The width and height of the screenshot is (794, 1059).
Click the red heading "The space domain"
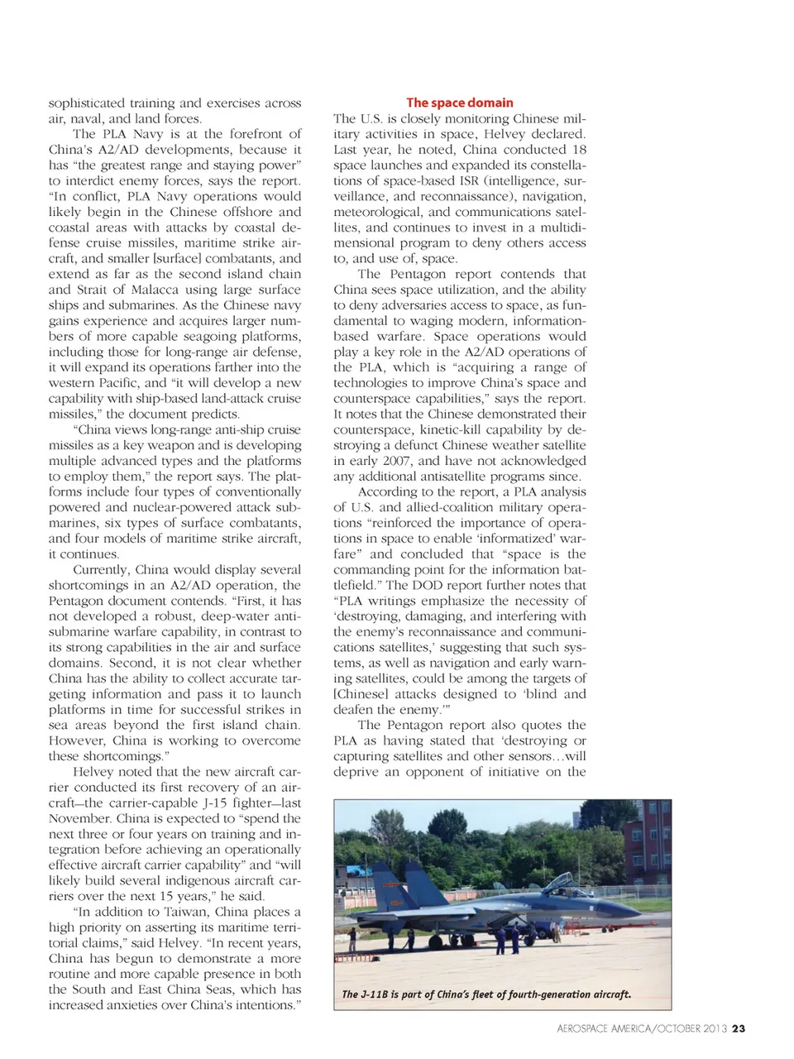(459, 103)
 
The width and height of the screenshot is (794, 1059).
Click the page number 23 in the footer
(739, 1028)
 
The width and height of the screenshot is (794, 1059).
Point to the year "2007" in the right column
(395, 461)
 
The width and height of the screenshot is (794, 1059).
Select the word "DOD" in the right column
(428, 585)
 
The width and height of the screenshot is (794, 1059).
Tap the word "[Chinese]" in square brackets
(361, 694)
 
